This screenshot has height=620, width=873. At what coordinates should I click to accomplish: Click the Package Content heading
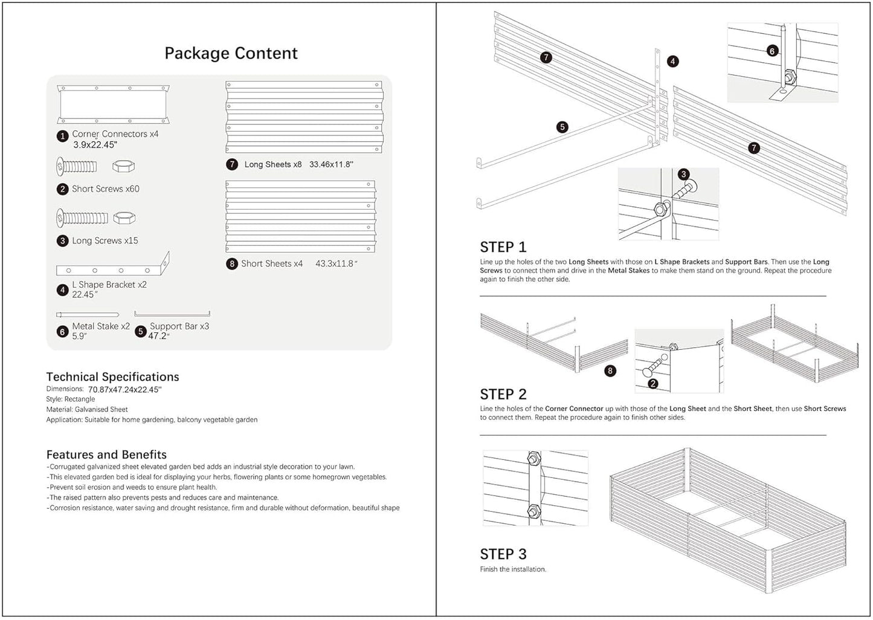pos(231,53)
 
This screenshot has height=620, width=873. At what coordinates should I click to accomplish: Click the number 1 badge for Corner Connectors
pos(62,136)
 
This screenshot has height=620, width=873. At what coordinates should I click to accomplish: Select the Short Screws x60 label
pos(105,189)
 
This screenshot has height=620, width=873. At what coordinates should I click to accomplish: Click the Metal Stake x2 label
pos(100,326)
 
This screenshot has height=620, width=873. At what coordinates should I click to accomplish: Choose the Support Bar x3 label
pos(179,326)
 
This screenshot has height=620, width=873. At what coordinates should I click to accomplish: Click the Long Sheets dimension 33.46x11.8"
pos(331,164)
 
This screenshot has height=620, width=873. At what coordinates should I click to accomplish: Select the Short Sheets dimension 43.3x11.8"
pos(337,263)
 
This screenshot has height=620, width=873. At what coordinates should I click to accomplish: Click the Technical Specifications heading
pos(112,377)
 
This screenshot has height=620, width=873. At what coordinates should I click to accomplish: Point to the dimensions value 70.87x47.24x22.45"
pos(124,390)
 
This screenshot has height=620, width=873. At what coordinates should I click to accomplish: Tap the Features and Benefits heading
pos(106,455)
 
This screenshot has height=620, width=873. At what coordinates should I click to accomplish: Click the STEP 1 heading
pos(503,247)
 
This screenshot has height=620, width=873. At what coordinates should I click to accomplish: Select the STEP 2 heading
pos(503,395)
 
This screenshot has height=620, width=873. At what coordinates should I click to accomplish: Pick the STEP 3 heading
pos(503,554)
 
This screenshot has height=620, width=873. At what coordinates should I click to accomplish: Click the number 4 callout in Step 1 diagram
pos(672,61)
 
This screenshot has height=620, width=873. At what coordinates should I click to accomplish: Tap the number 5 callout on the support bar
pos(562,127)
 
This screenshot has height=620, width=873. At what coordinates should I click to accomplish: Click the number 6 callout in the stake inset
pos(772,51)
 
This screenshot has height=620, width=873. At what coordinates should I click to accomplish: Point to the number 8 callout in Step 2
pos(610,371)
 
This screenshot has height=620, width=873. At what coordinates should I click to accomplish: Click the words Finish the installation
pos(513,569)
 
